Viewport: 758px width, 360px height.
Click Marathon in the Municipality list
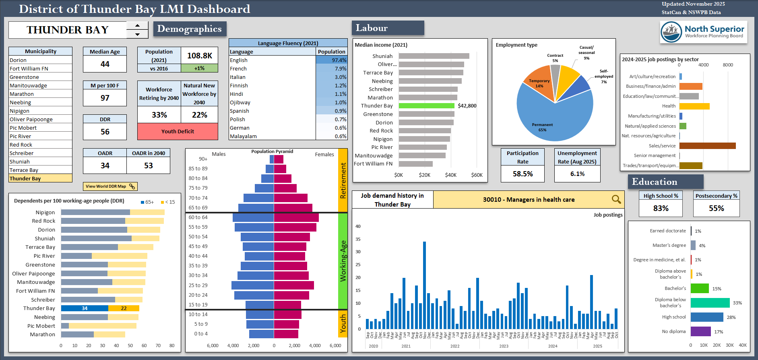[22, 94]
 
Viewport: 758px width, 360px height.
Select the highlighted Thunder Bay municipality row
[40, 178]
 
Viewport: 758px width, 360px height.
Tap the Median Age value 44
[105, 64]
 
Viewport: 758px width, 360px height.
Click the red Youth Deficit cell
[178, 131]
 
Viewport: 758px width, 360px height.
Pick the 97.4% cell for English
[332, 60]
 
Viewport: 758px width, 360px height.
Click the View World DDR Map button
[110, 186]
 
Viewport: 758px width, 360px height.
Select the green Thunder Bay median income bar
[426, 106]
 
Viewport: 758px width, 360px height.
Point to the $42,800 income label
[467, 106]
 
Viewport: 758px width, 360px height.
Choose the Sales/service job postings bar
[707, 146]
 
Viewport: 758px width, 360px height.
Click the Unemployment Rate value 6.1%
[577, 174]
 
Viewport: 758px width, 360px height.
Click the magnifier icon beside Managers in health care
[616, 199]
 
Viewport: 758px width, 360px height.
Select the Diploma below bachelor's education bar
[710, 303]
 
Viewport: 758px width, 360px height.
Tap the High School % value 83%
[661, 208]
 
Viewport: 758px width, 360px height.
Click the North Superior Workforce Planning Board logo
[704, 32]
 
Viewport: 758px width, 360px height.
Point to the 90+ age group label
[203, 159]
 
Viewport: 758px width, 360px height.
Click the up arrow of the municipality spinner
[137, 25]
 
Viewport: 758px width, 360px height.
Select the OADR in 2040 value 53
[148, 166]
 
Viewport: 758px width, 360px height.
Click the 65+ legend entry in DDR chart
[147, 202]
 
